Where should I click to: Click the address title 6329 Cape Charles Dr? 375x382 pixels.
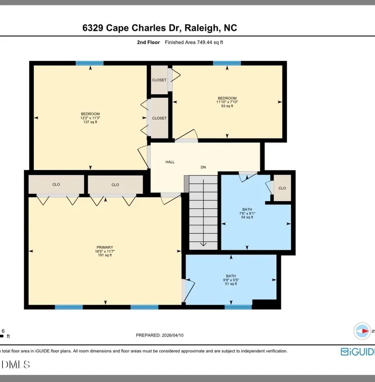click(x=132, y=28)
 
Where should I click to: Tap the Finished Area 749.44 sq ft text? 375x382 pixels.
click(x=194, y=42)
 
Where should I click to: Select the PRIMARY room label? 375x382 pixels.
click(x=105, y=247)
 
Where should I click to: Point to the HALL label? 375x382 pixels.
click(x=170, y=162)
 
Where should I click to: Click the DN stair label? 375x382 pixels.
click(x=203, y=167)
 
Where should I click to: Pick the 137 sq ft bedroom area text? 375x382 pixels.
click(x=90, y=122)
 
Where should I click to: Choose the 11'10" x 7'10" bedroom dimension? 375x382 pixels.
click(x=227, y=102)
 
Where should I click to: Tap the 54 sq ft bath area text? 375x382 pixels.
click(x=247, y=217)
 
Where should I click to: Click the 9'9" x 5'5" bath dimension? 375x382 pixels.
click(x=231, y=280)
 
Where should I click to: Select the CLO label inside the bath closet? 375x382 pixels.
click(x=282, y=188)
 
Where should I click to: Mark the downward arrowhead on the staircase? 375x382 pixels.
click(x=203, y=244)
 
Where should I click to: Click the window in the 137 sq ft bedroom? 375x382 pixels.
click(x=90, y=63)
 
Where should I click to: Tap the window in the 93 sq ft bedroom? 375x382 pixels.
click(x=227, y=63)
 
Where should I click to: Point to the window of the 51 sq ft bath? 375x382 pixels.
click(x=238, y=307)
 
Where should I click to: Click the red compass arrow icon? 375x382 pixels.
click(x=365, y=331)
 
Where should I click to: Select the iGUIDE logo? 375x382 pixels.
click(x=358, y=352)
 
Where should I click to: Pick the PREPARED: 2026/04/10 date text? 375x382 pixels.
click(x=160, y=335)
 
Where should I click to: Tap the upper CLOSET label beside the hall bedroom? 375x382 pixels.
click(x=159, y=80)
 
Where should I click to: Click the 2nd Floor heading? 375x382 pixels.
click(x=148, y=42)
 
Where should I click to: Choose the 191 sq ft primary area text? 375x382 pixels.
click(x=105, y=255)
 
